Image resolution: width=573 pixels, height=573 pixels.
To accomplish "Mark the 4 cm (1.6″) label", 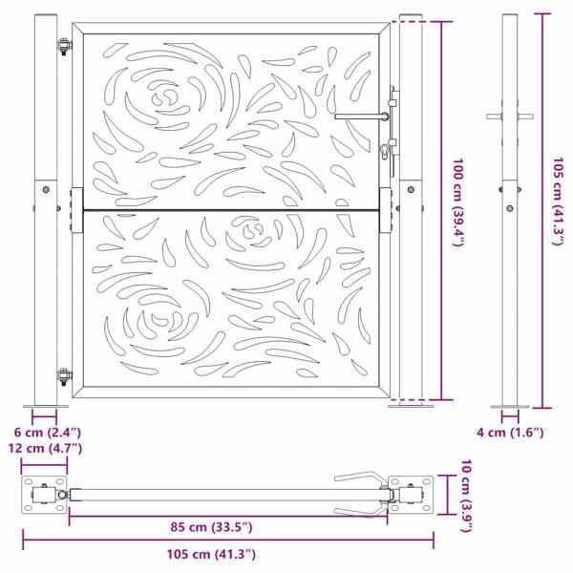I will pos(510,433).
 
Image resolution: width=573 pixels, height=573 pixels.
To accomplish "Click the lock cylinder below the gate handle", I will pos(384,150).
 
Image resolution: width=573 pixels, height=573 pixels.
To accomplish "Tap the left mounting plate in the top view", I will pos(42,496).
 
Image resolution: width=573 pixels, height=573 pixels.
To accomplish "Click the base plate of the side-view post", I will pos(507,406).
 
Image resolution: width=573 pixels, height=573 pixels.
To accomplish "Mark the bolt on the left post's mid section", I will pos(45,190).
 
